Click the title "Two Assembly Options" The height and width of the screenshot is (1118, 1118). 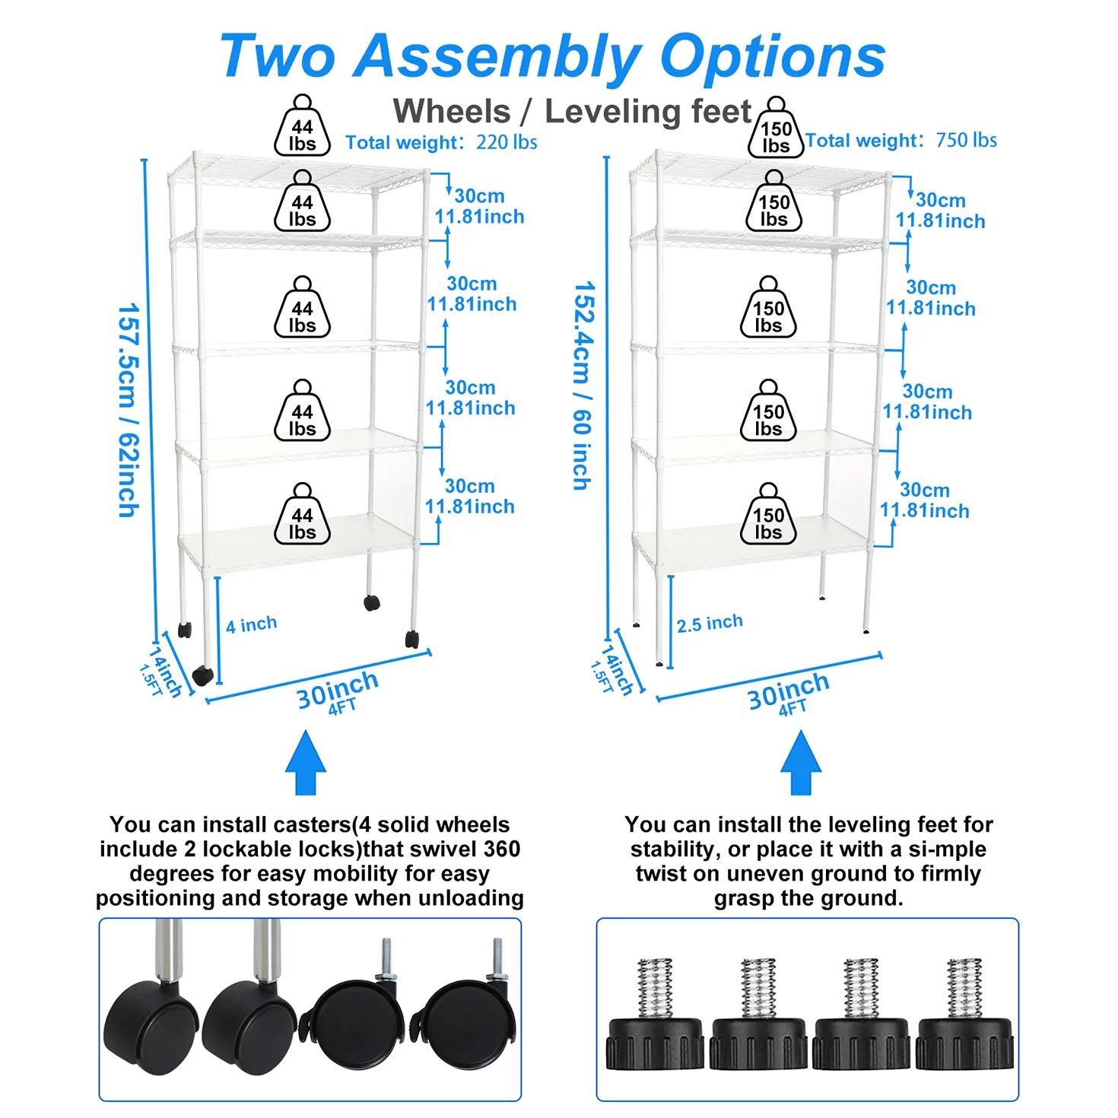(552, 56)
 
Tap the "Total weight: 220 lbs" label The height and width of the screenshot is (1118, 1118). (441, 143)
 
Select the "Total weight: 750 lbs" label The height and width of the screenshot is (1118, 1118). (901, 141)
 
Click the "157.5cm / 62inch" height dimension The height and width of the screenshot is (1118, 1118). (129, 410)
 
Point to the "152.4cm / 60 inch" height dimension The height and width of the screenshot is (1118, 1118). (583, 386)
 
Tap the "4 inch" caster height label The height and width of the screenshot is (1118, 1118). (251, 625)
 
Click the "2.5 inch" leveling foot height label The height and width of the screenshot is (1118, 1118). (710, 624)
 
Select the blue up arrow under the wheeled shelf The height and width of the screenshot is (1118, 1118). (306, 763)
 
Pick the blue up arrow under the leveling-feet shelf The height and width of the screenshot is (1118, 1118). (801, 763)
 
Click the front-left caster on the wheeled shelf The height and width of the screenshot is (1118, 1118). (202, 675)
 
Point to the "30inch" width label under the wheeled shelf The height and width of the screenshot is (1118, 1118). (337, 689)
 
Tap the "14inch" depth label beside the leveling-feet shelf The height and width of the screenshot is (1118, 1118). (618, 669)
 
